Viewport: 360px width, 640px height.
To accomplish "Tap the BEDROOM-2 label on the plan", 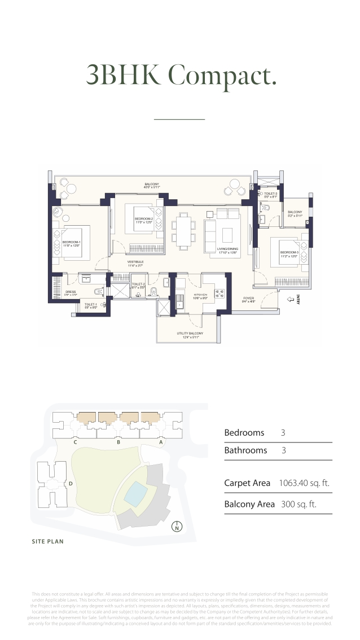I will [x=144, y=220].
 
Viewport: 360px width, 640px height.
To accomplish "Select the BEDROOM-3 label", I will [x=289, y=254].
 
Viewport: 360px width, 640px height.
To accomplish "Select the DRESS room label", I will [x=70, y=292].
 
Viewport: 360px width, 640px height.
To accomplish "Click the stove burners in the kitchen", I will [x=218, y=293].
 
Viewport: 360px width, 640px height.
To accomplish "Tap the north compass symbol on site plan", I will [x=177, y=528].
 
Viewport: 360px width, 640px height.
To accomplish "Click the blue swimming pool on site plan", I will [x=135, y=494].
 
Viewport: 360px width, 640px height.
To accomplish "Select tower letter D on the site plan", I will [x=71, y=484].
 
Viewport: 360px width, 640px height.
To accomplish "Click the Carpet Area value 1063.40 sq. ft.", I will [x=304, y=483].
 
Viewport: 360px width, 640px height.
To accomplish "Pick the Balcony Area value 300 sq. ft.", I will [x=298, y=504].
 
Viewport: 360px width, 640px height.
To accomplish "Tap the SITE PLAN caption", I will [x=47, y=542].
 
